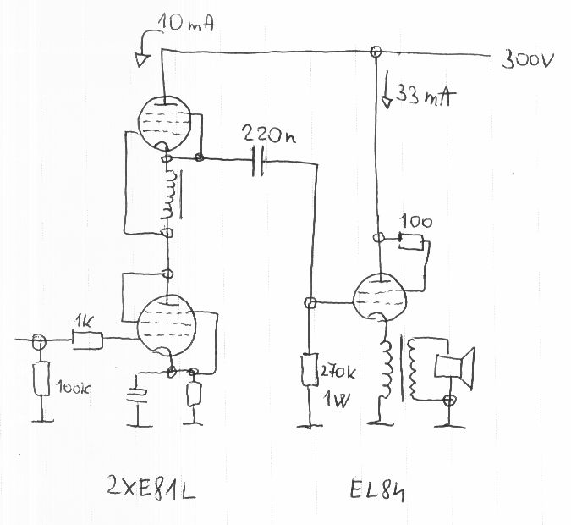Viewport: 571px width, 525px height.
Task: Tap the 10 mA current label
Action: tap(188, 28)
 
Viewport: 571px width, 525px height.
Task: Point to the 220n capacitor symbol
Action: tap(259, 162)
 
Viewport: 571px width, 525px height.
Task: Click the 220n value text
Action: tap(268, 134)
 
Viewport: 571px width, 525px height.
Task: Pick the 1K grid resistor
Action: tap(87, 340)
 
